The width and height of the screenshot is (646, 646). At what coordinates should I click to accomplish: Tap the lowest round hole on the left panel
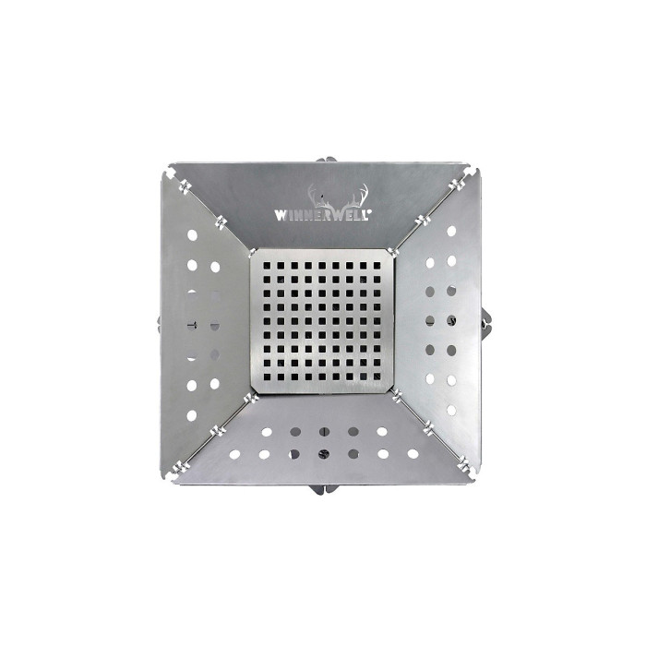(192, 415)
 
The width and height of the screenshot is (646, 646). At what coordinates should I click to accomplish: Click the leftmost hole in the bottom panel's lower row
(234, 454)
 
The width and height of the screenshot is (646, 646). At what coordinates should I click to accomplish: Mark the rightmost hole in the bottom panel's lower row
(413, 453)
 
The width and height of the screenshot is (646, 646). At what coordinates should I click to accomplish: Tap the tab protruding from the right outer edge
(487, 322)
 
